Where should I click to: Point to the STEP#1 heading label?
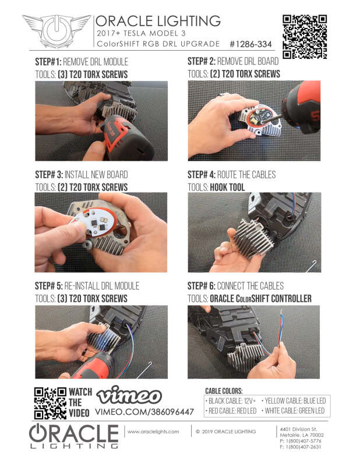point(48,62)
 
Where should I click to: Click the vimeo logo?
point(128,396)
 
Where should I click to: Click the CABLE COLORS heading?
point(224,391)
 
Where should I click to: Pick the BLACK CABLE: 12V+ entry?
point(232,401)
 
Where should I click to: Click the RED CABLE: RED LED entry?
point(232,411)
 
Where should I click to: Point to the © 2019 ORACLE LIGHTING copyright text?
point(226,432)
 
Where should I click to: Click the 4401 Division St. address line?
point(299,429)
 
